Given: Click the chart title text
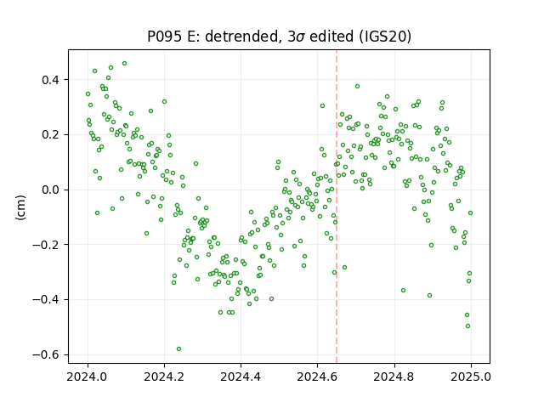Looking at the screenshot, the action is coord(279,37).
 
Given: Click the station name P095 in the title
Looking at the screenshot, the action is coord(164,37).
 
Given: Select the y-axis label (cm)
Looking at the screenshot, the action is coord(20,207).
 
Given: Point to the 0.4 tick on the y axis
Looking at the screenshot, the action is coord(51,80).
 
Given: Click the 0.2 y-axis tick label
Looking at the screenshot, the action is coord(51,135).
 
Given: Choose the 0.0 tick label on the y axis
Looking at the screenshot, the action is coord(51,190).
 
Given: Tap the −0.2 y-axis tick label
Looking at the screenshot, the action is coord(46,245).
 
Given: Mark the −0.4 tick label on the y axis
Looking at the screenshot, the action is coord(46,300).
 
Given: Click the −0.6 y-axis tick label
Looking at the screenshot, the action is coord(46,355).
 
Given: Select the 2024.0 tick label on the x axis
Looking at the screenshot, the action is coord(88,377).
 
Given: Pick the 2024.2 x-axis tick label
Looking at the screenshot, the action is coord(164,377).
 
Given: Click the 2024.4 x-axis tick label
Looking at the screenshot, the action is coord(241,377).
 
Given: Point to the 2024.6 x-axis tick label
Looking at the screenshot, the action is coord(317,377).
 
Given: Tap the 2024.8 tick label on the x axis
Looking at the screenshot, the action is coord(394,377).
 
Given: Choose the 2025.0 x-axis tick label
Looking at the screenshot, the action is coord(471,377).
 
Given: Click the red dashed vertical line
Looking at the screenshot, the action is coord(337,207).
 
